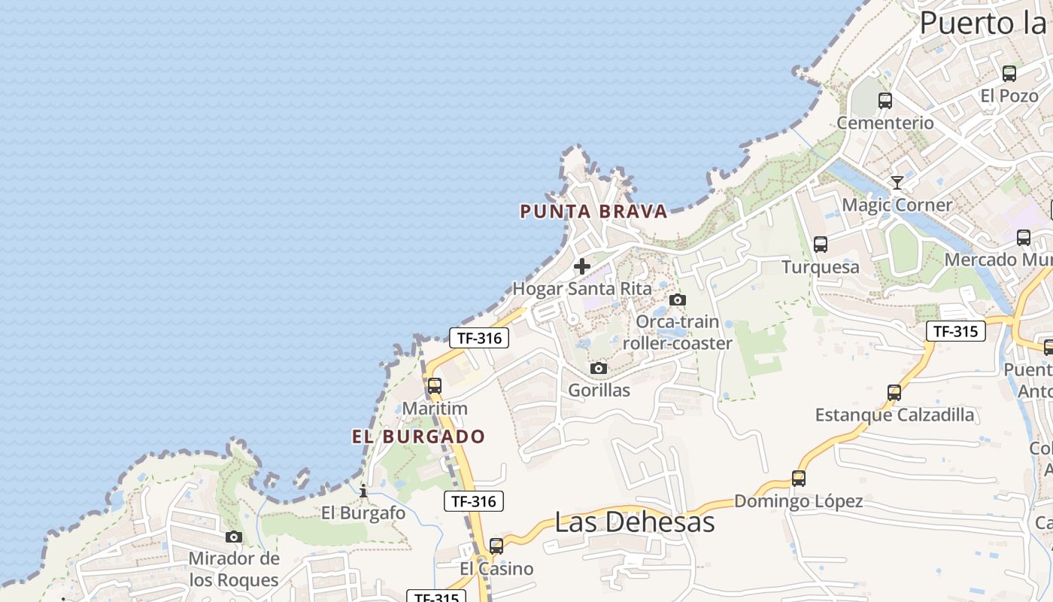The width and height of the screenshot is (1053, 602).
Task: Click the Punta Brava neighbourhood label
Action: (x=593, y=211)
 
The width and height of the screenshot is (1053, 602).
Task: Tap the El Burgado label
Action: (x=419, y=436)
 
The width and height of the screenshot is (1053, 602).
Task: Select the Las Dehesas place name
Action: (x=634, y=521)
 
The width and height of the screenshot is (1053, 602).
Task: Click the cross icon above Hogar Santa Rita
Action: (x=581, y=266)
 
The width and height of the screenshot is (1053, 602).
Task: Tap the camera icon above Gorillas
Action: (x=599, y=368)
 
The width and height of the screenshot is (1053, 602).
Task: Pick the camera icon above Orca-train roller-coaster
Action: (x=677, y=299)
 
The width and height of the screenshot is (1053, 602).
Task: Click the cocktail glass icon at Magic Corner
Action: (x=897, y=182)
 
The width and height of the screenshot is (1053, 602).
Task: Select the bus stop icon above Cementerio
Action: (x=885, y=100)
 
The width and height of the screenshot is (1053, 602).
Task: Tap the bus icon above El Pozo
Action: (x=1009, y=74)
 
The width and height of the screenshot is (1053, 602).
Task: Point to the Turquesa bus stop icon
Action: (x=821, y=245)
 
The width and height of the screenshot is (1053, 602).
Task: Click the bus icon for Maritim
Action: (x=435, y=386)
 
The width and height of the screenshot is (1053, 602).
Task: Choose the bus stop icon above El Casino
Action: (x=496, y=546)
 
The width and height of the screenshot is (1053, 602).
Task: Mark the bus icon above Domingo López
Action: (x=799, y=478)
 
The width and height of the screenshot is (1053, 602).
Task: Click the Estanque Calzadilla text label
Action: (x=894, y=415)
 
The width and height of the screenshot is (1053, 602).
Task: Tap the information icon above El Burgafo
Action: (x=363, y=491)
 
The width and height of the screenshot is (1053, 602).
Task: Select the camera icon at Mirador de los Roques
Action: (x=234, y=537)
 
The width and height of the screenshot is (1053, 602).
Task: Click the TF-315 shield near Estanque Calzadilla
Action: (x=955, y=331)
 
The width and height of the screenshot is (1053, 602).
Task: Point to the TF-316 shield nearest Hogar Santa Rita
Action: (x=479, y=338)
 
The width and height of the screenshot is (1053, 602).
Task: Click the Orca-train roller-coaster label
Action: (x=677, y=333)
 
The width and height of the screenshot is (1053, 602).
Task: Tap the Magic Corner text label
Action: (x=897, y=205)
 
